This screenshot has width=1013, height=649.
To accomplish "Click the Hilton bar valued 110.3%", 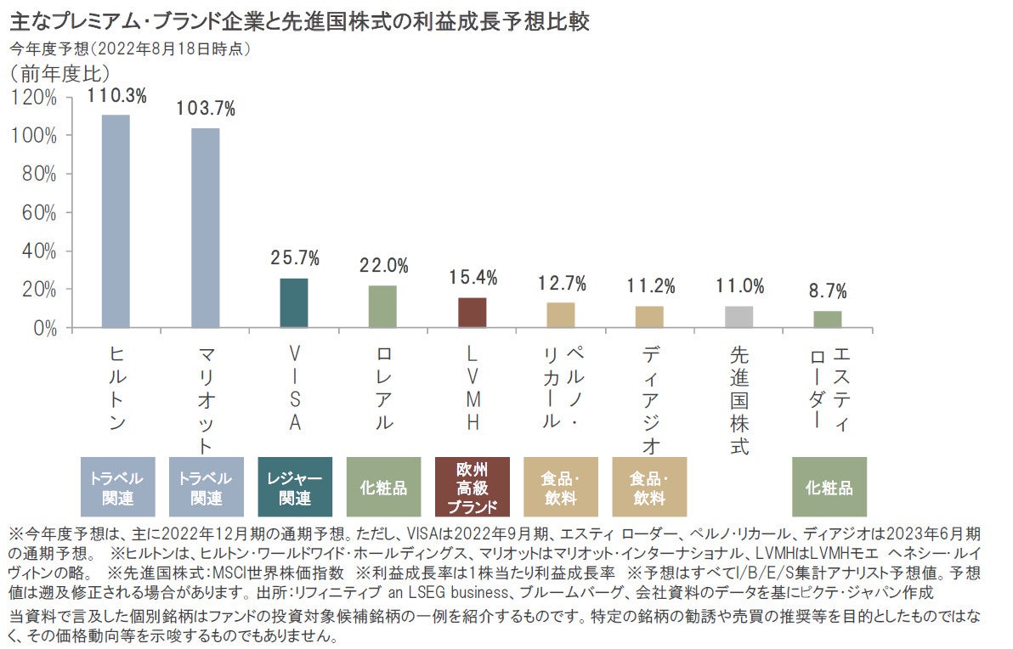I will click(x=116, y=221).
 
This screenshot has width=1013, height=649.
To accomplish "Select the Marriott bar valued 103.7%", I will click(x=205, y=228).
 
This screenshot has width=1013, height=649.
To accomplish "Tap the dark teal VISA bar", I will click(x=294, y=302).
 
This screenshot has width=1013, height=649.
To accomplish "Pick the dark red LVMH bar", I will click(x=472, y=313).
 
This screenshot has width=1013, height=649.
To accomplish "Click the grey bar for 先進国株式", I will click(x=739, y=317).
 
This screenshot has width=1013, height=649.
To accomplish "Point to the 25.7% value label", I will click(x=295, y=258).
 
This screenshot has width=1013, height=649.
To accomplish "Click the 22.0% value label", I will click(x=383, y=265).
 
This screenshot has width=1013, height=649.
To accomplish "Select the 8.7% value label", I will click(x=827, y=291).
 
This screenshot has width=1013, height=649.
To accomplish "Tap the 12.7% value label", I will click(x=562, y=283).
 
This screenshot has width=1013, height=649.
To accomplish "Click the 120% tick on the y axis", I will click(x=34, y=98).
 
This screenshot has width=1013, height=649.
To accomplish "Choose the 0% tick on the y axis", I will click(x=42, y=328).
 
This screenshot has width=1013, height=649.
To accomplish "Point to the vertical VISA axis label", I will click(x=294, y=387).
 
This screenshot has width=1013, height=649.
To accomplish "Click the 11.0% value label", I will click(x=739, y=286).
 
